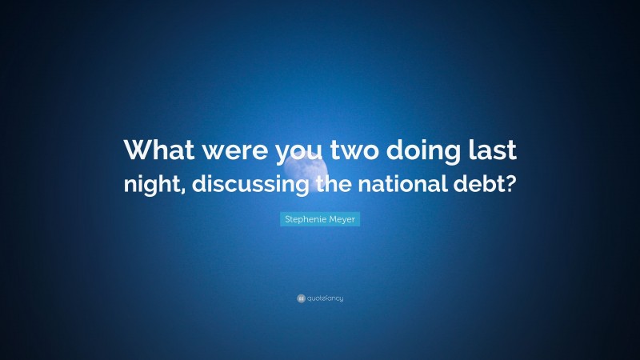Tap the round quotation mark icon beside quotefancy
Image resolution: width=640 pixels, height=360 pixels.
[x=301, y=298]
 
